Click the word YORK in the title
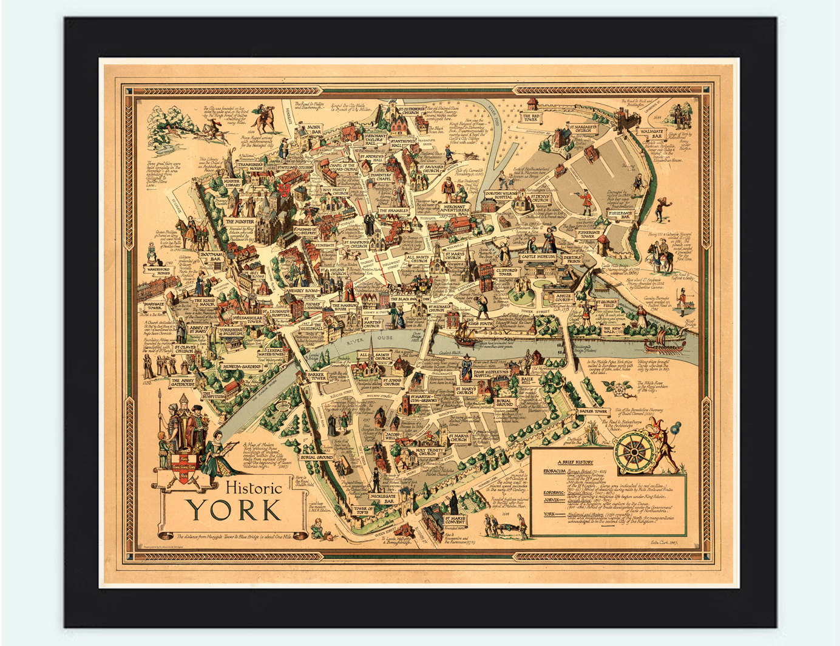[234, 511]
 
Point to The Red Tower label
[532, 117]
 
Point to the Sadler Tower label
[593, 412]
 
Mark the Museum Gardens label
[237, 367]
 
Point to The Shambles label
[394, 211]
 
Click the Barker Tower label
[317, 376]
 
